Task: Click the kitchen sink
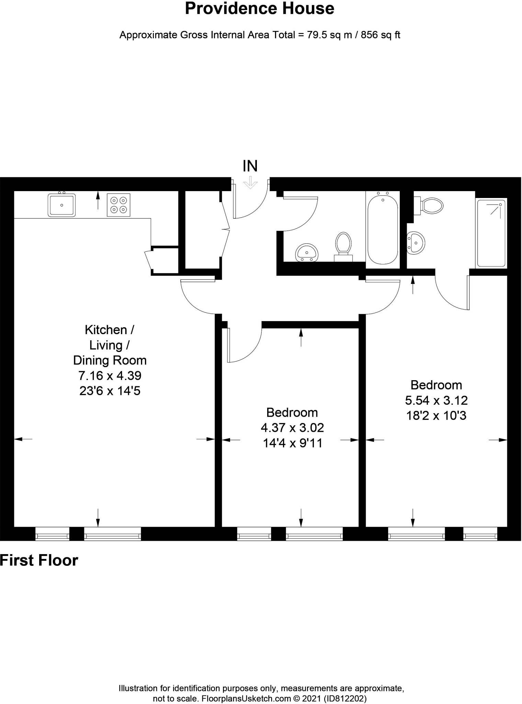point(61,205)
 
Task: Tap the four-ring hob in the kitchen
point(118,205)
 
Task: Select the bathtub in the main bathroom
point(383,229)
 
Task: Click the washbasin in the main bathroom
point(307,253)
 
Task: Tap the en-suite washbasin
point(416,243)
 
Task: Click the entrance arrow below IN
point(250,183)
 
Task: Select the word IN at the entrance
point(250,166)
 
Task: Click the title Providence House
point(260,8)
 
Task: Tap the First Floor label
point(39,561)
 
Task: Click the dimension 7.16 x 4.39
point(110,375)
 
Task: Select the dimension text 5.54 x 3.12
point(436,400)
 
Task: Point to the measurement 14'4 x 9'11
point(293,443)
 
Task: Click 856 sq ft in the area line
point(381,35)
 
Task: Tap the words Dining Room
point(110,360)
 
